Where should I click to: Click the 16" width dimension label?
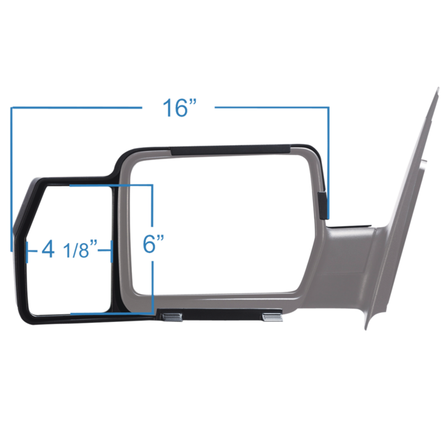coord(181,108)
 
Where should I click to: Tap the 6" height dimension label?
coord(153,244)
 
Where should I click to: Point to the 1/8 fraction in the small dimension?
coord(78,249)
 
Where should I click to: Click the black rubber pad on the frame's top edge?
coord(229,149)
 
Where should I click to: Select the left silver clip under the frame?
coord(171,317)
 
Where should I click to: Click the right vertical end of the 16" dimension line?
coord(328,161)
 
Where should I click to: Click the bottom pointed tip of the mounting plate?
coord(365,328)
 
